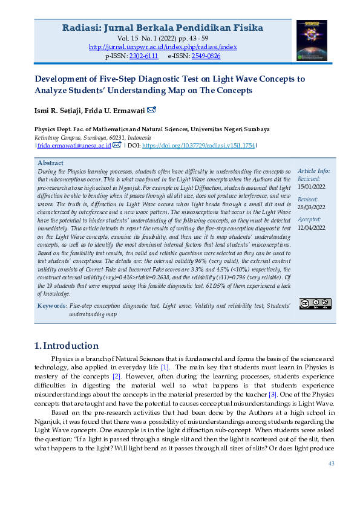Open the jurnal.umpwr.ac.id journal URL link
[x=163, y=47]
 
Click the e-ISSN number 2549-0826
[x=206, y=56]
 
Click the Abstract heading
[x=50, y=163]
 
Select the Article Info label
[x=314, y=172]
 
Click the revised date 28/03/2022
[x=312, y=207]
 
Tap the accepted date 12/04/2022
[x=312, y=228]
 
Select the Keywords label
[x=52, y=306]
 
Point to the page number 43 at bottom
[x=331, y=464]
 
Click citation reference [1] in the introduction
[x=165, y=368]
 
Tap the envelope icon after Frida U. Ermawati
[x=151, y=110]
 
